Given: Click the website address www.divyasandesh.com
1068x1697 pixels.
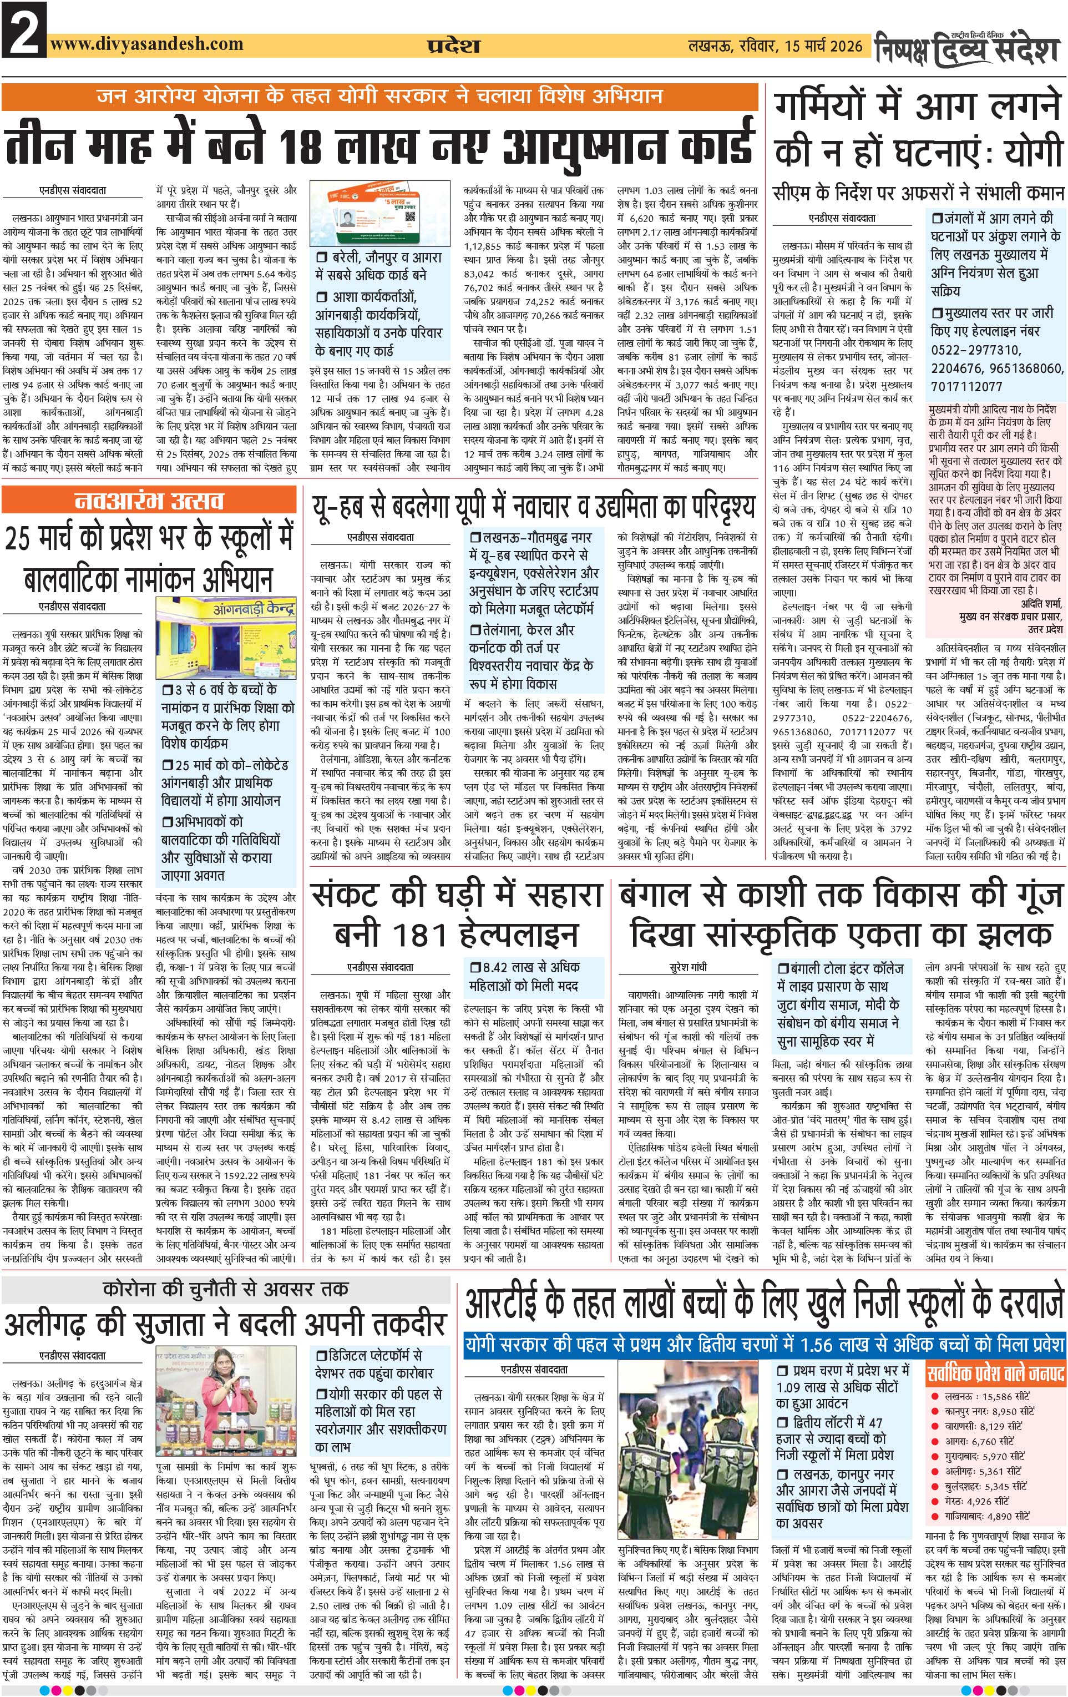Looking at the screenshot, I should (x=146, y=44).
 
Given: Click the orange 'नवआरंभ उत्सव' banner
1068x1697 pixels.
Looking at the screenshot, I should (x=149, y=501).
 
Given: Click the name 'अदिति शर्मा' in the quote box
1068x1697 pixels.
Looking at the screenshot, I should (x=1033, y=604).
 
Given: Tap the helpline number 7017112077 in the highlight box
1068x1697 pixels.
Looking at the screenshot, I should (x=966, y=387).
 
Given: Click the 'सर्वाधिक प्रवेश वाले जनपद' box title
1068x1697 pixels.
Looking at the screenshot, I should (x=995, y=1373).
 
